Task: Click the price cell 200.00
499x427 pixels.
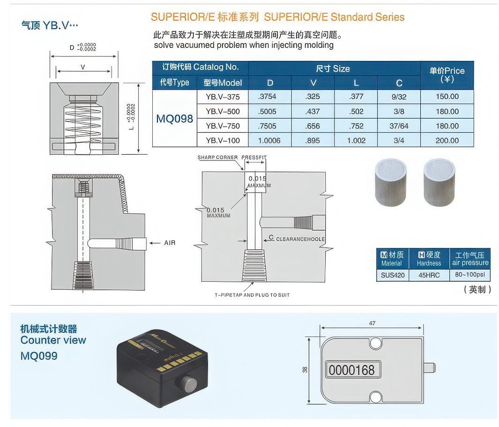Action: click(x=447, y=141)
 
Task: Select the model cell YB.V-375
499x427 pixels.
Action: click(x=223, y=97)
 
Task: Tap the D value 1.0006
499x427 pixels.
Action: click(x=269, y=141)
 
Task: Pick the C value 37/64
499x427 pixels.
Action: click(x=399, y=126)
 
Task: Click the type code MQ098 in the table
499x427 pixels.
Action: click(x=174, y=119)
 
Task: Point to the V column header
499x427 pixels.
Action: click(x=313, y=83)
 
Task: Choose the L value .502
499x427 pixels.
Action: click(x=356, y=112)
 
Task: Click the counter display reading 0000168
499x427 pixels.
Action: click(x=352, y=370)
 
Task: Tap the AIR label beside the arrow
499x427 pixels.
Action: click(x=170, y=243)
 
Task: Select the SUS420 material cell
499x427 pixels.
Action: click(x=392, y=275)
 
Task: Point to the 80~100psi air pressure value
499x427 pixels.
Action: click(x=469, y=275)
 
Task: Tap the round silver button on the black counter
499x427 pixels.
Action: click(x=188, y=384)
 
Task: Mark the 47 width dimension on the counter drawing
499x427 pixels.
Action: click(x=372, y=323)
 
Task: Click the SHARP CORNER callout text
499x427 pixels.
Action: click(x=217, y=157)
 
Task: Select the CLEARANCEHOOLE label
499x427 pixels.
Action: click(x=300, y=239)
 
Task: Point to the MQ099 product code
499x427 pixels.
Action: click(x=39, y=356)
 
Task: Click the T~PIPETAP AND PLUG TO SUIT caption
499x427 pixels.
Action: click(x=252, y=295)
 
